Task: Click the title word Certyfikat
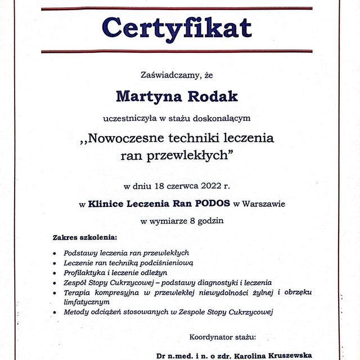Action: tap(177, 28)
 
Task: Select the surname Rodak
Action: tap(212, 96)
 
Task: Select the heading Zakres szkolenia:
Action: tap(85, 237)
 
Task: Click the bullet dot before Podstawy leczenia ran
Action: tap(55, 253)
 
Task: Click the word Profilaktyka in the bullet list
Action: tap(84, 272)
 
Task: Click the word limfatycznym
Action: tap(87, 301)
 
